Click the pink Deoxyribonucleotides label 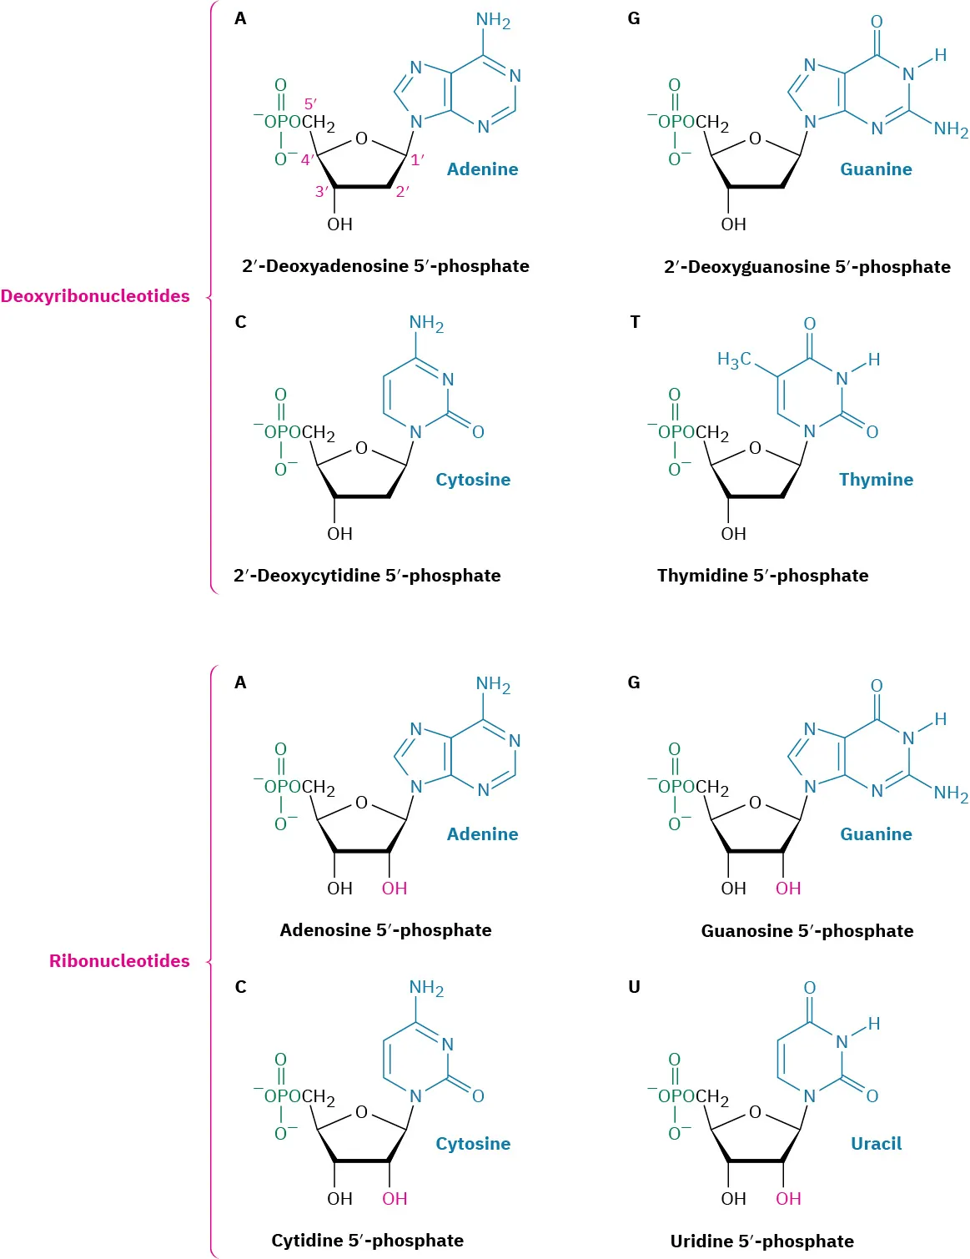pyautogui.click(x=95, y=296)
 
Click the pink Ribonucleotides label pyautogui.click(x=119, y=960)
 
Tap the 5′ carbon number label pyautogui.click(x=310, y=104)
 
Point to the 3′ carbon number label pyautogui.click(x=322, y=192)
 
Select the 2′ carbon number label pyautogui.click(x=402, y=192)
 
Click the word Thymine pyautogui.click(x=876, y=480)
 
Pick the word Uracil pyautogui.click(x=876, y=1143)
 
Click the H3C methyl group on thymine pyautogui.click(x=734, y=360)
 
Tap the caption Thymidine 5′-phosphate pyautogui.click(x=762, y=576)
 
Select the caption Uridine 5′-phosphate pyautogui.click(x=761, y=1241)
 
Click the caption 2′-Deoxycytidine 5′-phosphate pyautogui.click(x=367, y=576)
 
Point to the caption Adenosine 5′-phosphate pyautogui.click(x=385, y=930)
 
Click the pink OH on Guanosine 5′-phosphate pyautogui.click(x=788, y=889)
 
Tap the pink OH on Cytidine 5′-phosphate pyautogui.click(x=395, y=1199)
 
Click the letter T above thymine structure pyautogui.click(x=635, y=322)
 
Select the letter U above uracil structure pyautogui.click(x=634, y=987)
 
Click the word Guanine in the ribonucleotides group pyautogui.click(x=876, y=834)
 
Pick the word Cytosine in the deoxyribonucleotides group pyautogui.click(x=473, y=480)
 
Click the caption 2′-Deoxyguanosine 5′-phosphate pyautogui.click(x=807, y=267)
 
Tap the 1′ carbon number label pyautogui.click(x=417, y=159)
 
